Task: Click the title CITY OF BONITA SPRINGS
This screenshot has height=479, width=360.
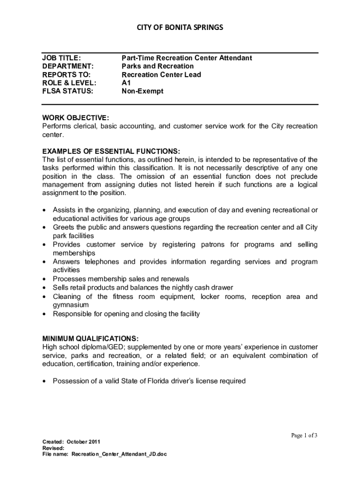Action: pos(180,28)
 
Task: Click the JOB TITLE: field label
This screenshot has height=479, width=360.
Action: pos(62,58)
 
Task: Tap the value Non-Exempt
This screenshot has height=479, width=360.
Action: pos(143,92)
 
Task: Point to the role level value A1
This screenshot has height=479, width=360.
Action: pos(126,83)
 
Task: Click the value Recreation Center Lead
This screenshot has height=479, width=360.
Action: pos(161,75)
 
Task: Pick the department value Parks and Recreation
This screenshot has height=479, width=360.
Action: pos(158,66)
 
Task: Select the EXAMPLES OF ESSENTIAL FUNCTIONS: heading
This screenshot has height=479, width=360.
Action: pos(111,151)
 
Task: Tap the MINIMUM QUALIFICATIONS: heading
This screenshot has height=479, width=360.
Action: pos(90,338)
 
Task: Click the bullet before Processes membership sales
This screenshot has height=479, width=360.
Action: pos(44,279)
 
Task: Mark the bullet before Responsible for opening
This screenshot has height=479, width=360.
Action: pos(44,314)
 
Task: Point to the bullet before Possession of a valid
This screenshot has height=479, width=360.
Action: pos(44,382)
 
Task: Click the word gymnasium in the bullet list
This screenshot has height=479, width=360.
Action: pos(71,305)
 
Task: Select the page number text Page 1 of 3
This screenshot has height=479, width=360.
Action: pos(304,435)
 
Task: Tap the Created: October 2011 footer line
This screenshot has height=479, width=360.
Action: pos(71,442)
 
